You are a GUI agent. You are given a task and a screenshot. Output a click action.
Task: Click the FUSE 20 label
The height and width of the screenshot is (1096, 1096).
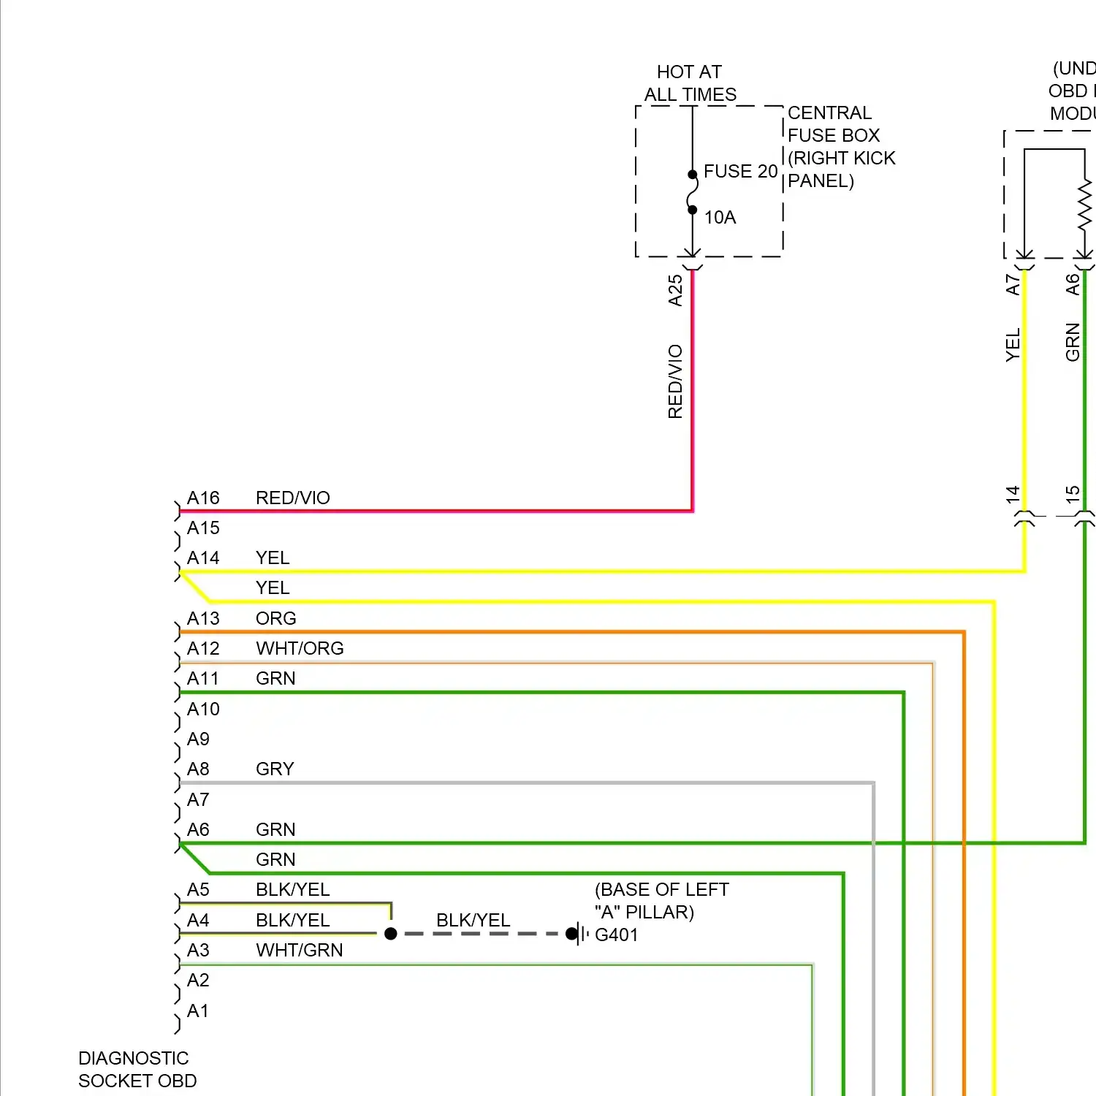pyautogui.click(x=740, y=172)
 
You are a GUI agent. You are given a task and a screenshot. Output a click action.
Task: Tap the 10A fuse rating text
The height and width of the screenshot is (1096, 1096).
pyautogui.click(x=720, y=218)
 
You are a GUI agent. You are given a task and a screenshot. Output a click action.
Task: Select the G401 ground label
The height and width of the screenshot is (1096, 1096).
pyautogui.click(x=616, y=935)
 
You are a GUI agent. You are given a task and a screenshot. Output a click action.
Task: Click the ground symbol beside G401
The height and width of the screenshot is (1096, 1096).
pyautogui.click(x=578, y=934)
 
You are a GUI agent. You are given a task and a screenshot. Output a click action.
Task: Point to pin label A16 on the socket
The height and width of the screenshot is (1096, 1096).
pyautogui.click(x=203, y=498)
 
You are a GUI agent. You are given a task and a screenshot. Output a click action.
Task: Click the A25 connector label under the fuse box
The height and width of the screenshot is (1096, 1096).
pyautogui.click(x=675, y=290)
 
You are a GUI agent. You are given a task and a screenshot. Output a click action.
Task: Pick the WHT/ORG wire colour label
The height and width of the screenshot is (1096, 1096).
pyautogui.click(x=300, y=649)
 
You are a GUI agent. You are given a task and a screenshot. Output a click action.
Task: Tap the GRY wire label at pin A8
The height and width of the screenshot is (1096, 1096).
pyautogui.click(x=275, y=769)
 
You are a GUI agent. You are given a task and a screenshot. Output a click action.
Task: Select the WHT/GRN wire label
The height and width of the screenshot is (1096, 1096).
pyautogui.click(x=299, y=951)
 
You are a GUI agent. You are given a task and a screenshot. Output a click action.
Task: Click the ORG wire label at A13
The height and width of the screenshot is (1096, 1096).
pyautogui.click(x=275, y=619)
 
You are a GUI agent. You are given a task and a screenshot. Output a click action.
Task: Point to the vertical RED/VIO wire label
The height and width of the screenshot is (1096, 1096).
pyautogui.click(x=675, y=381)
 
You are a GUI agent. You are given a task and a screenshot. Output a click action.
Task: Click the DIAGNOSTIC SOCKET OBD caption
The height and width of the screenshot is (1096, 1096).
pyautogui.click(x=137, y=1070)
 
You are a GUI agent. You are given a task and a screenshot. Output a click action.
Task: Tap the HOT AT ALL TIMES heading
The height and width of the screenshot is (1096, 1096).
pyautogui.click(x=690, y=83)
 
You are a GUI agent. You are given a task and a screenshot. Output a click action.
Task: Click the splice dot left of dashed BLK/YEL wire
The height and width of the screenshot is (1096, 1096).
pyautogui.click(x=391, y=934)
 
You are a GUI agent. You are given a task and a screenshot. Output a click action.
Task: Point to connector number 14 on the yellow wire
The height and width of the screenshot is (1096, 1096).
pyautogui.click(x=1013, y=494)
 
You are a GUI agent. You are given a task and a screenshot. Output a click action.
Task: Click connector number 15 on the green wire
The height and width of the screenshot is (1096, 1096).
pyautogui.click(x=1072, y=494)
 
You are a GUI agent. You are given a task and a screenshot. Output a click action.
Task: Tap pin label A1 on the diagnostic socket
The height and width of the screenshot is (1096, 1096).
pyautogui.click(x=197, y=1011)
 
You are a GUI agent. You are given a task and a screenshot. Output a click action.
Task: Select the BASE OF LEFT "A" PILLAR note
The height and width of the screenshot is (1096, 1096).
pyautogui.click(x=661, y=901)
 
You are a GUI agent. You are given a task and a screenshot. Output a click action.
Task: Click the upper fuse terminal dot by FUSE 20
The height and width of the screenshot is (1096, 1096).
pyautogui.click(x=693, y=175)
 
